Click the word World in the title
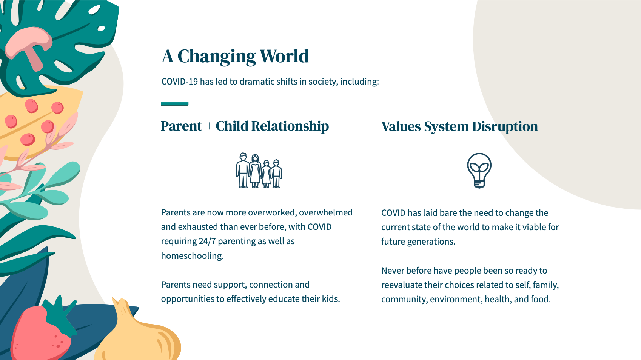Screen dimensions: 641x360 click(x=284, y=56)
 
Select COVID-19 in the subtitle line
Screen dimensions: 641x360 click(x=179, y=82)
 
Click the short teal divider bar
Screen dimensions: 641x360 click(x=174, y=104)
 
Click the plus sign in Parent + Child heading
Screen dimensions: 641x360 click(x=209, y=126)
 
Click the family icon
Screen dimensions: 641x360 click(x=259, y=171)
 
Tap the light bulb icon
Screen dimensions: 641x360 click(x=479, y=171)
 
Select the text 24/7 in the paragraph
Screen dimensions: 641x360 click(x=207, y=242)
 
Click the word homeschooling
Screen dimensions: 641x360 click(x=192, y=256)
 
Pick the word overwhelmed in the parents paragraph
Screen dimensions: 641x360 click(x=326, y=212)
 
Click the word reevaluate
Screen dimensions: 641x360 click(x=402, y=285)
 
